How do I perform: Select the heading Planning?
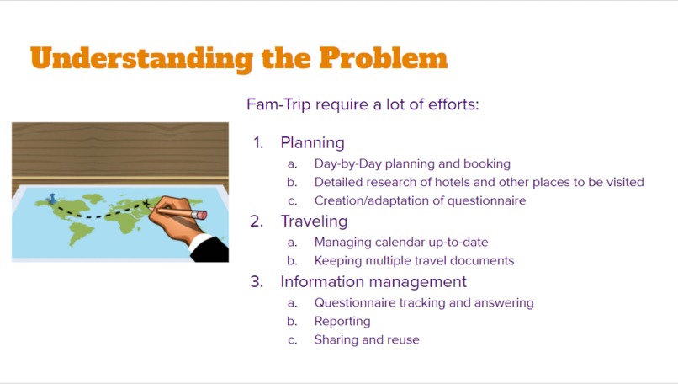coord(312,142)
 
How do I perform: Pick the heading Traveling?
coord(314,221)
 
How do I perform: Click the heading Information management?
coord(373,281)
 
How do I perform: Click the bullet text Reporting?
coord(342,321)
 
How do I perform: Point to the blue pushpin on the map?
coord(52,199)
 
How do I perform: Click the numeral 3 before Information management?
coord(257,281)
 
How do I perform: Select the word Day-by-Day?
coord(347,163)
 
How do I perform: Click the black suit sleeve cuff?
coord(210,247)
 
